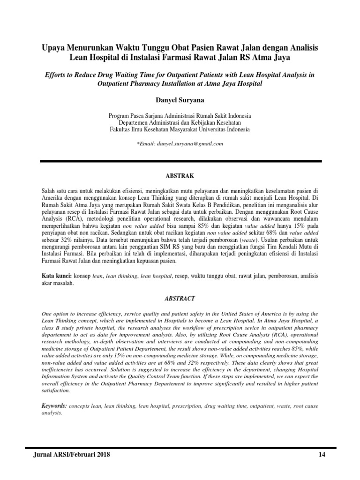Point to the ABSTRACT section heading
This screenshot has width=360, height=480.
tap(180, 298)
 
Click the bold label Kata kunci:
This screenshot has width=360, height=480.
tap(55, 277)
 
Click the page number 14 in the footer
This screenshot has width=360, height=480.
tap(322, 454)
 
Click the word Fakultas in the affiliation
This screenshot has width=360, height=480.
tap(121, 129)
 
